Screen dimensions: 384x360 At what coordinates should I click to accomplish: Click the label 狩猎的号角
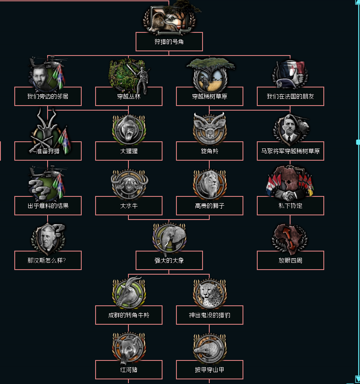[169, 42]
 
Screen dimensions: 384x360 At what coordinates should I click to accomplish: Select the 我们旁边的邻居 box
[48, 96]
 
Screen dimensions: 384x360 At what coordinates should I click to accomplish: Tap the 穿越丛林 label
[128, 96]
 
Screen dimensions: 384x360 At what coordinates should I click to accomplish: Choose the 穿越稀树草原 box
[209, 96]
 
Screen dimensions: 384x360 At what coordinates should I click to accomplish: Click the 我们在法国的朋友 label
[290, 96]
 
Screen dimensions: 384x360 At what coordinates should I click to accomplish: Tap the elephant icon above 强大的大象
[169, 238]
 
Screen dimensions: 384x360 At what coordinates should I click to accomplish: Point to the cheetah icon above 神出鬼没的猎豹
[210, 293]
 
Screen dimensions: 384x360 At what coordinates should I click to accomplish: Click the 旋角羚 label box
[209, 151]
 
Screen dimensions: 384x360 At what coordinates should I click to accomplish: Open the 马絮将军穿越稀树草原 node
[290, 151]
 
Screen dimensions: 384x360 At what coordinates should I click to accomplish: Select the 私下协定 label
[290, 206]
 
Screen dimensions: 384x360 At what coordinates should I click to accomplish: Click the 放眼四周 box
[290, 260]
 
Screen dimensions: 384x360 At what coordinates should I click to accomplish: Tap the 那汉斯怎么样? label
[48, 260]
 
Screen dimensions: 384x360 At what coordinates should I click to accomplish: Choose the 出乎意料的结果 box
[48, 206]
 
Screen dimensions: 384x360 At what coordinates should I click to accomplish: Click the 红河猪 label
[128, 370]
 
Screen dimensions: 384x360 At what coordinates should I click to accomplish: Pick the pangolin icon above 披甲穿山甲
[210, 348]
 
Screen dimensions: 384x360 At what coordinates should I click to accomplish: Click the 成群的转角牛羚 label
[128, 315]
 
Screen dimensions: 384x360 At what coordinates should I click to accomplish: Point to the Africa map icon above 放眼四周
[290, 238]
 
